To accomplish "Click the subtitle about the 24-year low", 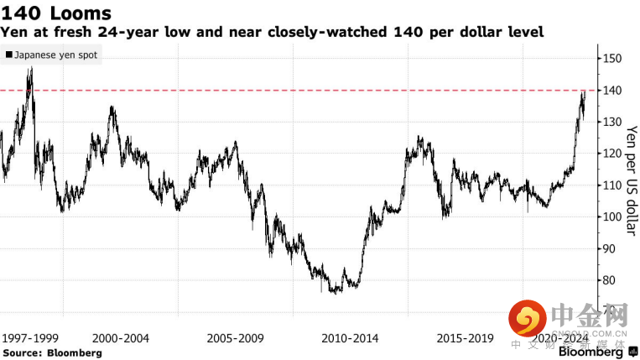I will (272, 33).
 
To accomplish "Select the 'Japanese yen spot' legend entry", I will (52, 55).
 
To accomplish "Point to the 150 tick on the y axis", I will (611, 59).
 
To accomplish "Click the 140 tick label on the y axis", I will (611, 91).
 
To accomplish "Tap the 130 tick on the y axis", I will (611, 123).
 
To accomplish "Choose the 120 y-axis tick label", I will (611, 154).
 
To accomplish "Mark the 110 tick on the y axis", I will (611, 186).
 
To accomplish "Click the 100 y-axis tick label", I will (611, 217).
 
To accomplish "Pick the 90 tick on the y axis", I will (608, 249).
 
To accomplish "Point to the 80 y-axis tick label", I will (608, 281).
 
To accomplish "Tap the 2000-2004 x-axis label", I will (121, 338).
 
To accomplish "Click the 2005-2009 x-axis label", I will (236, 338).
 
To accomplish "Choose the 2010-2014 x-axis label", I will (350, 338).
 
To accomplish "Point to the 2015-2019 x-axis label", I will (465, 338).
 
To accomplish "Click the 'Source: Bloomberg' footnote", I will (51, 353).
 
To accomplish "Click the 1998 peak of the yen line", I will (30, 69).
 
